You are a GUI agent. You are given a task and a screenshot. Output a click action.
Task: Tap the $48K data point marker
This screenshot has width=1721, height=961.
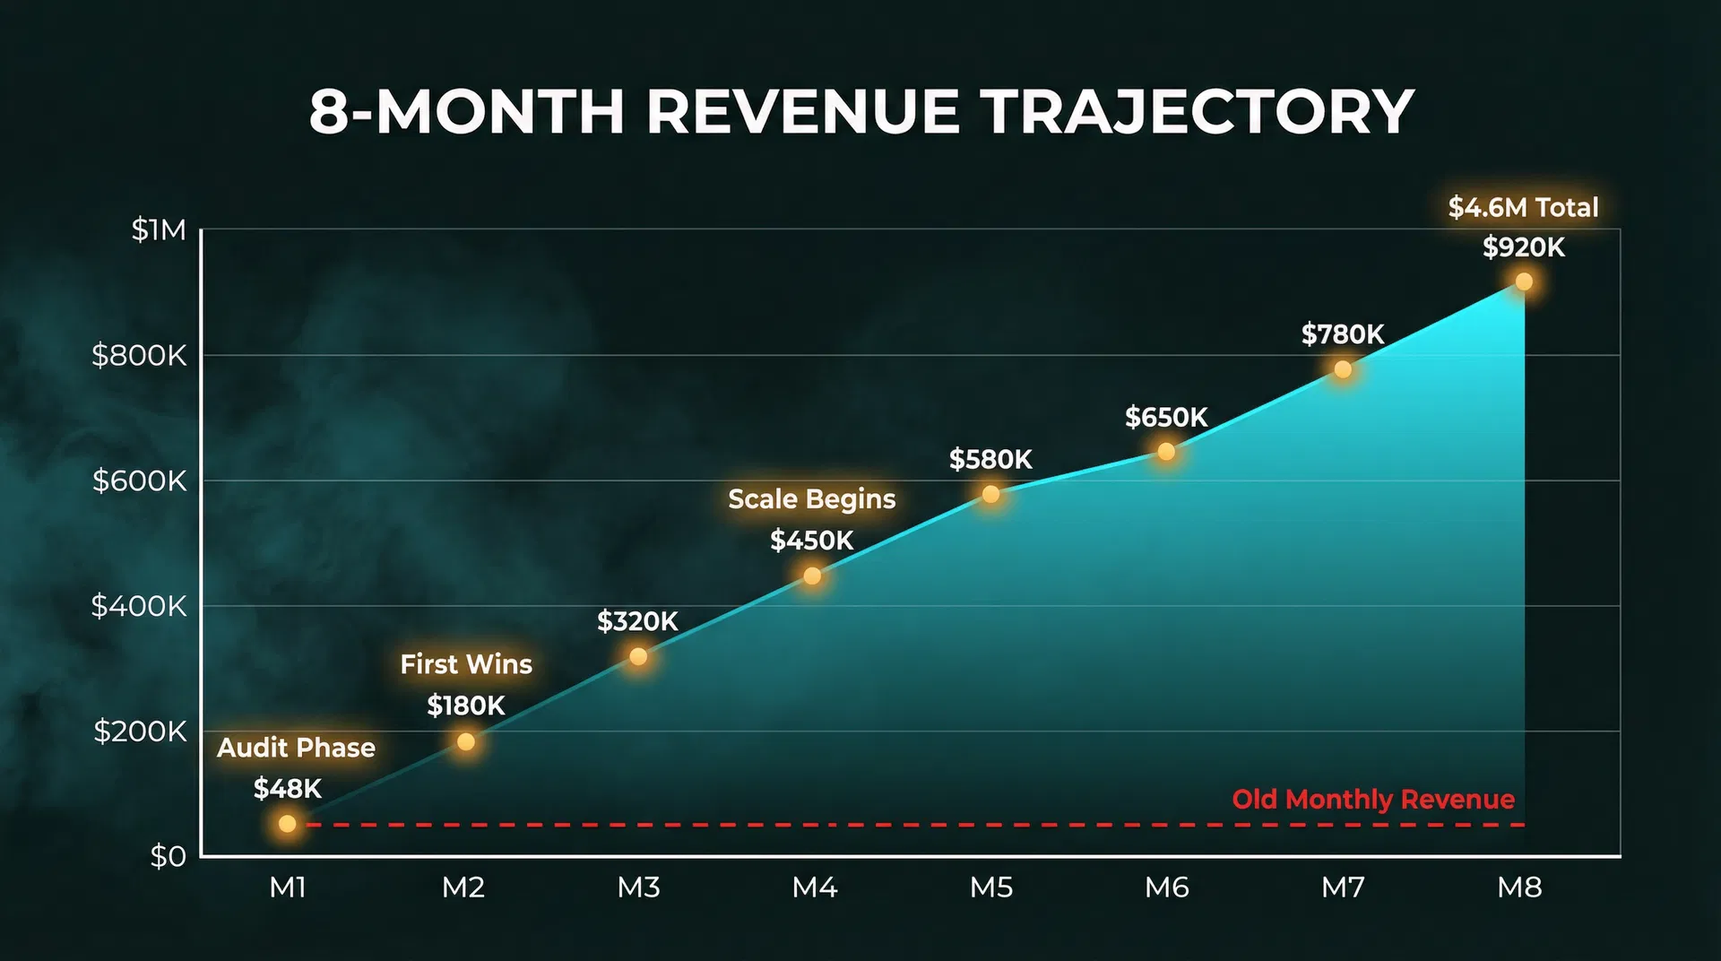coord(287,823)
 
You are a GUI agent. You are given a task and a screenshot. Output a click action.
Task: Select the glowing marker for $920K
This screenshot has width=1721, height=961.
coord(1523,281)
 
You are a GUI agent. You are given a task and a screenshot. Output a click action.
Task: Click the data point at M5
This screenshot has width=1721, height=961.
coord(990,494)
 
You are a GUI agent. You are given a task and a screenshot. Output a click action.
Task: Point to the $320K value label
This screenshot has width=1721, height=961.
coord(637,621)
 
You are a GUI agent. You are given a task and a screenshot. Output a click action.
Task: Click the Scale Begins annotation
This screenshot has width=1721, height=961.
coord(811,499)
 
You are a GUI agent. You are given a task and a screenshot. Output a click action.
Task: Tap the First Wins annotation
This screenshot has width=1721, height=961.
coord(465,664)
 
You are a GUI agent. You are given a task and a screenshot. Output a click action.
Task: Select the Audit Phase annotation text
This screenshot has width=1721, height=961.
coord(296,748)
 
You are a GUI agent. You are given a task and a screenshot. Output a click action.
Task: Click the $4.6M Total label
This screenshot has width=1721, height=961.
coord(1523,208)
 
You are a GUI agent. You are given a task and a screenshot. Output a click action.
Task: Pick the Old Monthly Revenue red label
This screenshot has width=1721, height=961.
coord(1372,799)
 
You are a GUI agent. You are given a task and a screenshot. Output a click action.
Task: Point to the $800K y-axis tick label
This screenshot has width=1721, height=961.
coord(139,356)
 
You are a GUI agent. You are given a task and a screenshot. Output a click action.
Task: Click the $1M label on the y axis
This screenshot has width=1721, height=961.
coord(159,230)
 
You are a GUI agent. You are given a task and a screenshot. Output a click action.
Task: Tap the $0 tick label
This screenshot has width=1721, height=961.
coord(168,857)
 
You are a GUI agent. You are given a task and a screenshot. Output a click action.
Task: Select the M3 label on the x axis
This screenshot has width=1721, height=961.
coord(638,887)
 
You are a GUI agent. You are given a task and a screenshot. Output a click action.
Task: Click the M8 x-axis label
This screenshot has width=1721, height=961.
coord(1519,887)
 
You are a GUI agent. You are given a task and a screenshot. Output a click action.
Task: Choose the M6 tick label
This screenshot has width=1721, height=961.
coord(1166,887)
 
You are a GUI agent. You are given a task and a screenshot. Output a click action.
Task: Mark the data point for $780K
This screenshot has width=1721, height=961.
coord(1342,369)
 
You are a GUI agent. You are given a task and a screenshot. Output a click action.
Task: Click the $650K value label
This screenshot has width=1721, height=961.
coord(1166,418)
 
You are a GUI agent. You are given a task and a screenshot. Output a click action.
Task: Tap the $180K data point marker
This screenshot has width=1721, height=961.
coord(465,741)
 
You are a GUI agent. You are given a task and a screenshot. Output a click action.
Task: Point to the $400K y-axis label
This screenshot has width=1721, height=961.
coord(139,607)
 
